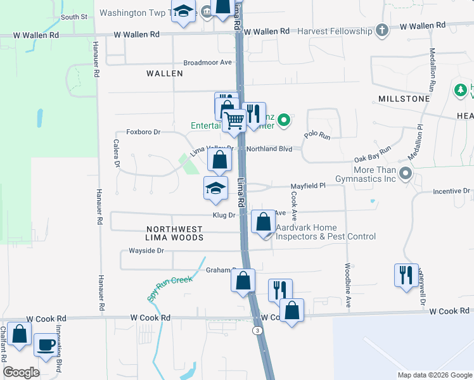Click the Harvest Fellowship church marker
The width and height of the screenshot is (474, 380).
point(381,30)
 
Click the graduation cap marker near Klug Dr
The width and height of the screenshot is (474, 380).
point(215,187)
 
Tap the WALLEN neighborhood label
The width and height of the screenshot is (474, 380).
point(165,73)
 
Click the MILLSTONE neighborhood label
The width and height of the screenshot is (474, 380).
point(404,99)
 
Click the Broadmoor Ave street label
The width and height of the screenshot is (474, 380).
point(208,63)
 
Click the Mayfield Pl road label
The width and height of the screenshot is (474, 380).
point(307,186)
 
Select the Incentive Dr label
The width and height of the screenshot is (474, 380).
point(451,191)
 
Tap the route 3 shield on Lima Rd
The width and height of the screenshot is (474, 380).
point(257,331)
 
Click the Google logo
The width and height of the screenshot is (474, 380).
point(22,372)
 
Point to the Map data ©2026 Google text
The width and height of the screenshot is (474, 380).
point(434,375)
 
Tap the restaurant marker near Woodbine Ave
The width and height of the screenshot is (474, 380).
point(406,274)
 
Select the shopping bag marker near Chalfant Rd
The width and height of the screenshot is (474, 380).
point(20,334)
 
